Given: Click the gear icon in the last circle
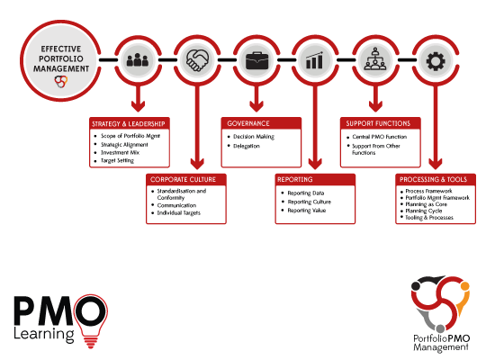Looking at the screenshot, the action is click(x=436, y=61).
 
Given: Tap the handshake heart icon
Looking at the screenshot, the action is click(x=197, y=60).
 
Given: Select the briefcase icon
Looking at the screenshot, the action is click(x=256, y=60).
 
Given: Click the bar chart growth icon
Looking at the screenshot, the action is click(x=314, y=60).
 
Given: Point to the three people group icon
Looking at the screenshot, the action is click(x=138, y=59).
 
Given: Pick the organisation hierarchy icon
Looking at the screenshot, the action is click(x=375, y=58).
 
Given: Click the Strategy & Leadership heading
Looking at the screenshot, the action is click(x=129, y=124).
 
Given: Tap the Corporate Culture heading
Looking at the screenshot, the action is click(x=183, y=179).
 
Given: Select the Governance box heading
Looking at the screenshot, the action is click(x=248, y=123).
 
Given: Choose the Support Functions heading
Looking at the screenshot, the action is click(x=378, y=123).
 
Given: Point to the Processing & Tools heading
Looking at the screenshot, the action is click(x=433, y=179).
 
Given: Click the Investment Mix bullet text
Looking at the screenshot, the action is click(x=120, y=153).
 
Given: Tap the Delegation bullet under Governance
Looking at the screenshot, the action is click(x=247, y=146).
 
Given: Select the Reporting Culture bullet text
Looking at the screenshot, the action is click(x=310, y=202).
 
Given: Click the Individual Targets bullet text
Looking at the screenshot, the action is click(x=179, y=212).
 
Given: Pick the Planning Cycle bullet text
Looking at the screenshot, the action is click(x=424, y=211).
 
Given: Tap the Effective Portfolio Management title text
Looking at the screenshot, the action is click(x=61, y=58).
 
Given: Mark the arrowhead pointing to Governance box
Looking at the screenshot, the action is click(x=256, y=105).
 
